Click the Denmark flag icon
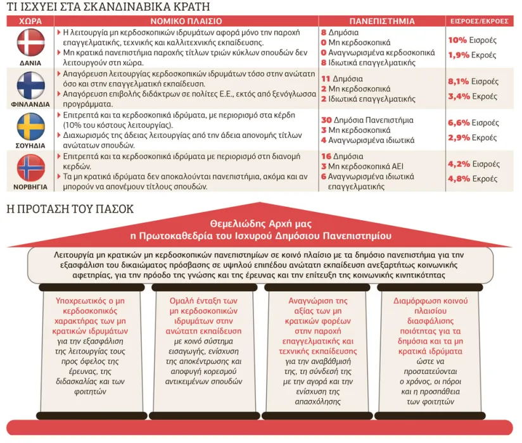31,42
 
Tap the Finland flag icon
31,85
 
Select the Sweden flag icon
31,127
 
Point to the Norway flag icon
31,168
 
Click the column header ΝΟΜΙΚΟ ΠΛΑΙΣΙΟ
186,22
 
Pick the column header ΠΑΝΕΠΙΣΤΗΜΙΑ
382,22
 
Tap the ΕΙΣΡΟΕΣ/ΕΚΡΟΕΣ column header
480,22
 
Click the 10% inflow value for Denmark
457,41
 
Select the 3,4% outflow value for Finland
459,96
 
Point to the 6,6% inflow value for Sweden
459,123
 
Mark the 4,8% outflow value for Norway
459,179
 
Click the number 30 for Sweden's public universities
326,120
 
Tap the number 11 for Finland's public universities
326,79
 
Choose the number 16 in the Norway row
326,156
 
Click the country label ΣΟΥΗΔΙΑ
30,146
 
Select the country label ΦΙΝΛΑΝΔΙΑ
30,104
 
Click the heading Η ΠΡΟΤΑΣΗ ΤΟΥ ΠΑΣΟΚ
70,209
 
